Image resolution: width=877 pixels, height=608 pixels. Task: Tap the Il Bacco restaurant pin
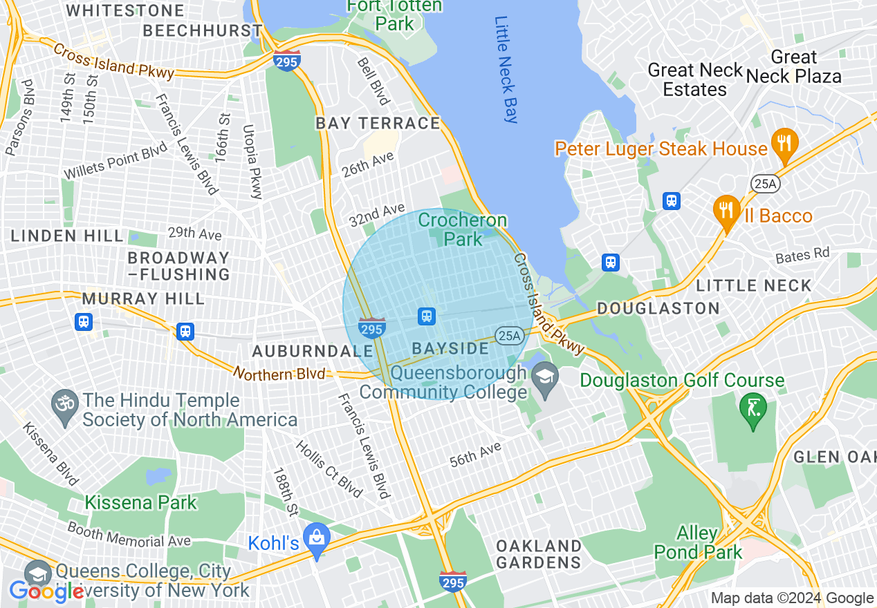(x=726, y=211)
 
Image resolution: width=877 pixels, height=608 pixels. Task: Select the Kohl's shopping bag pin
(x=317, y=540)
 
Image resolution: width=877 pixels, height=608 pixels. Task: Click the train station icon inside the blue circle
(x=426, y=316)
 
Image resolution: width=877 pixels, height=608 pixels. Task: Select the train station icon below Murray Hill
(x=84, y=321)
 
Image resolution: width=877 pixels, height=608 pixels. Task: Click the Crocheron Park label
(x=463, y=229)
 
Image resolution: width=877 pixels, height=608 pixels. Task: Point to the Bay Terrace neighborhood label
(x=378, y=124)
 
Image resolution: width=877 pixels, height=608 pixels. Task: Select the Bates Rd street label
(x=802, y=255)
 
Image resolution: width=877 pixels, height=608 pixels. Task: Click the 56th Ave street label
(x=475, y=455)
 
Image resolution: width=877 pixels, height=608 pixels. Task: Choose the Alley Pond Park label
(x=698, y=542)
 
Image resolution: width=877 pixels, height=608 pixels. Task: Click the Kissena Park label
(x=141, y=502)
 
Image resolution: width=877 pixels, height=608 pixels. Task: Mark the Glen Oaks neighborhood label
(x=835, y=457)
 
